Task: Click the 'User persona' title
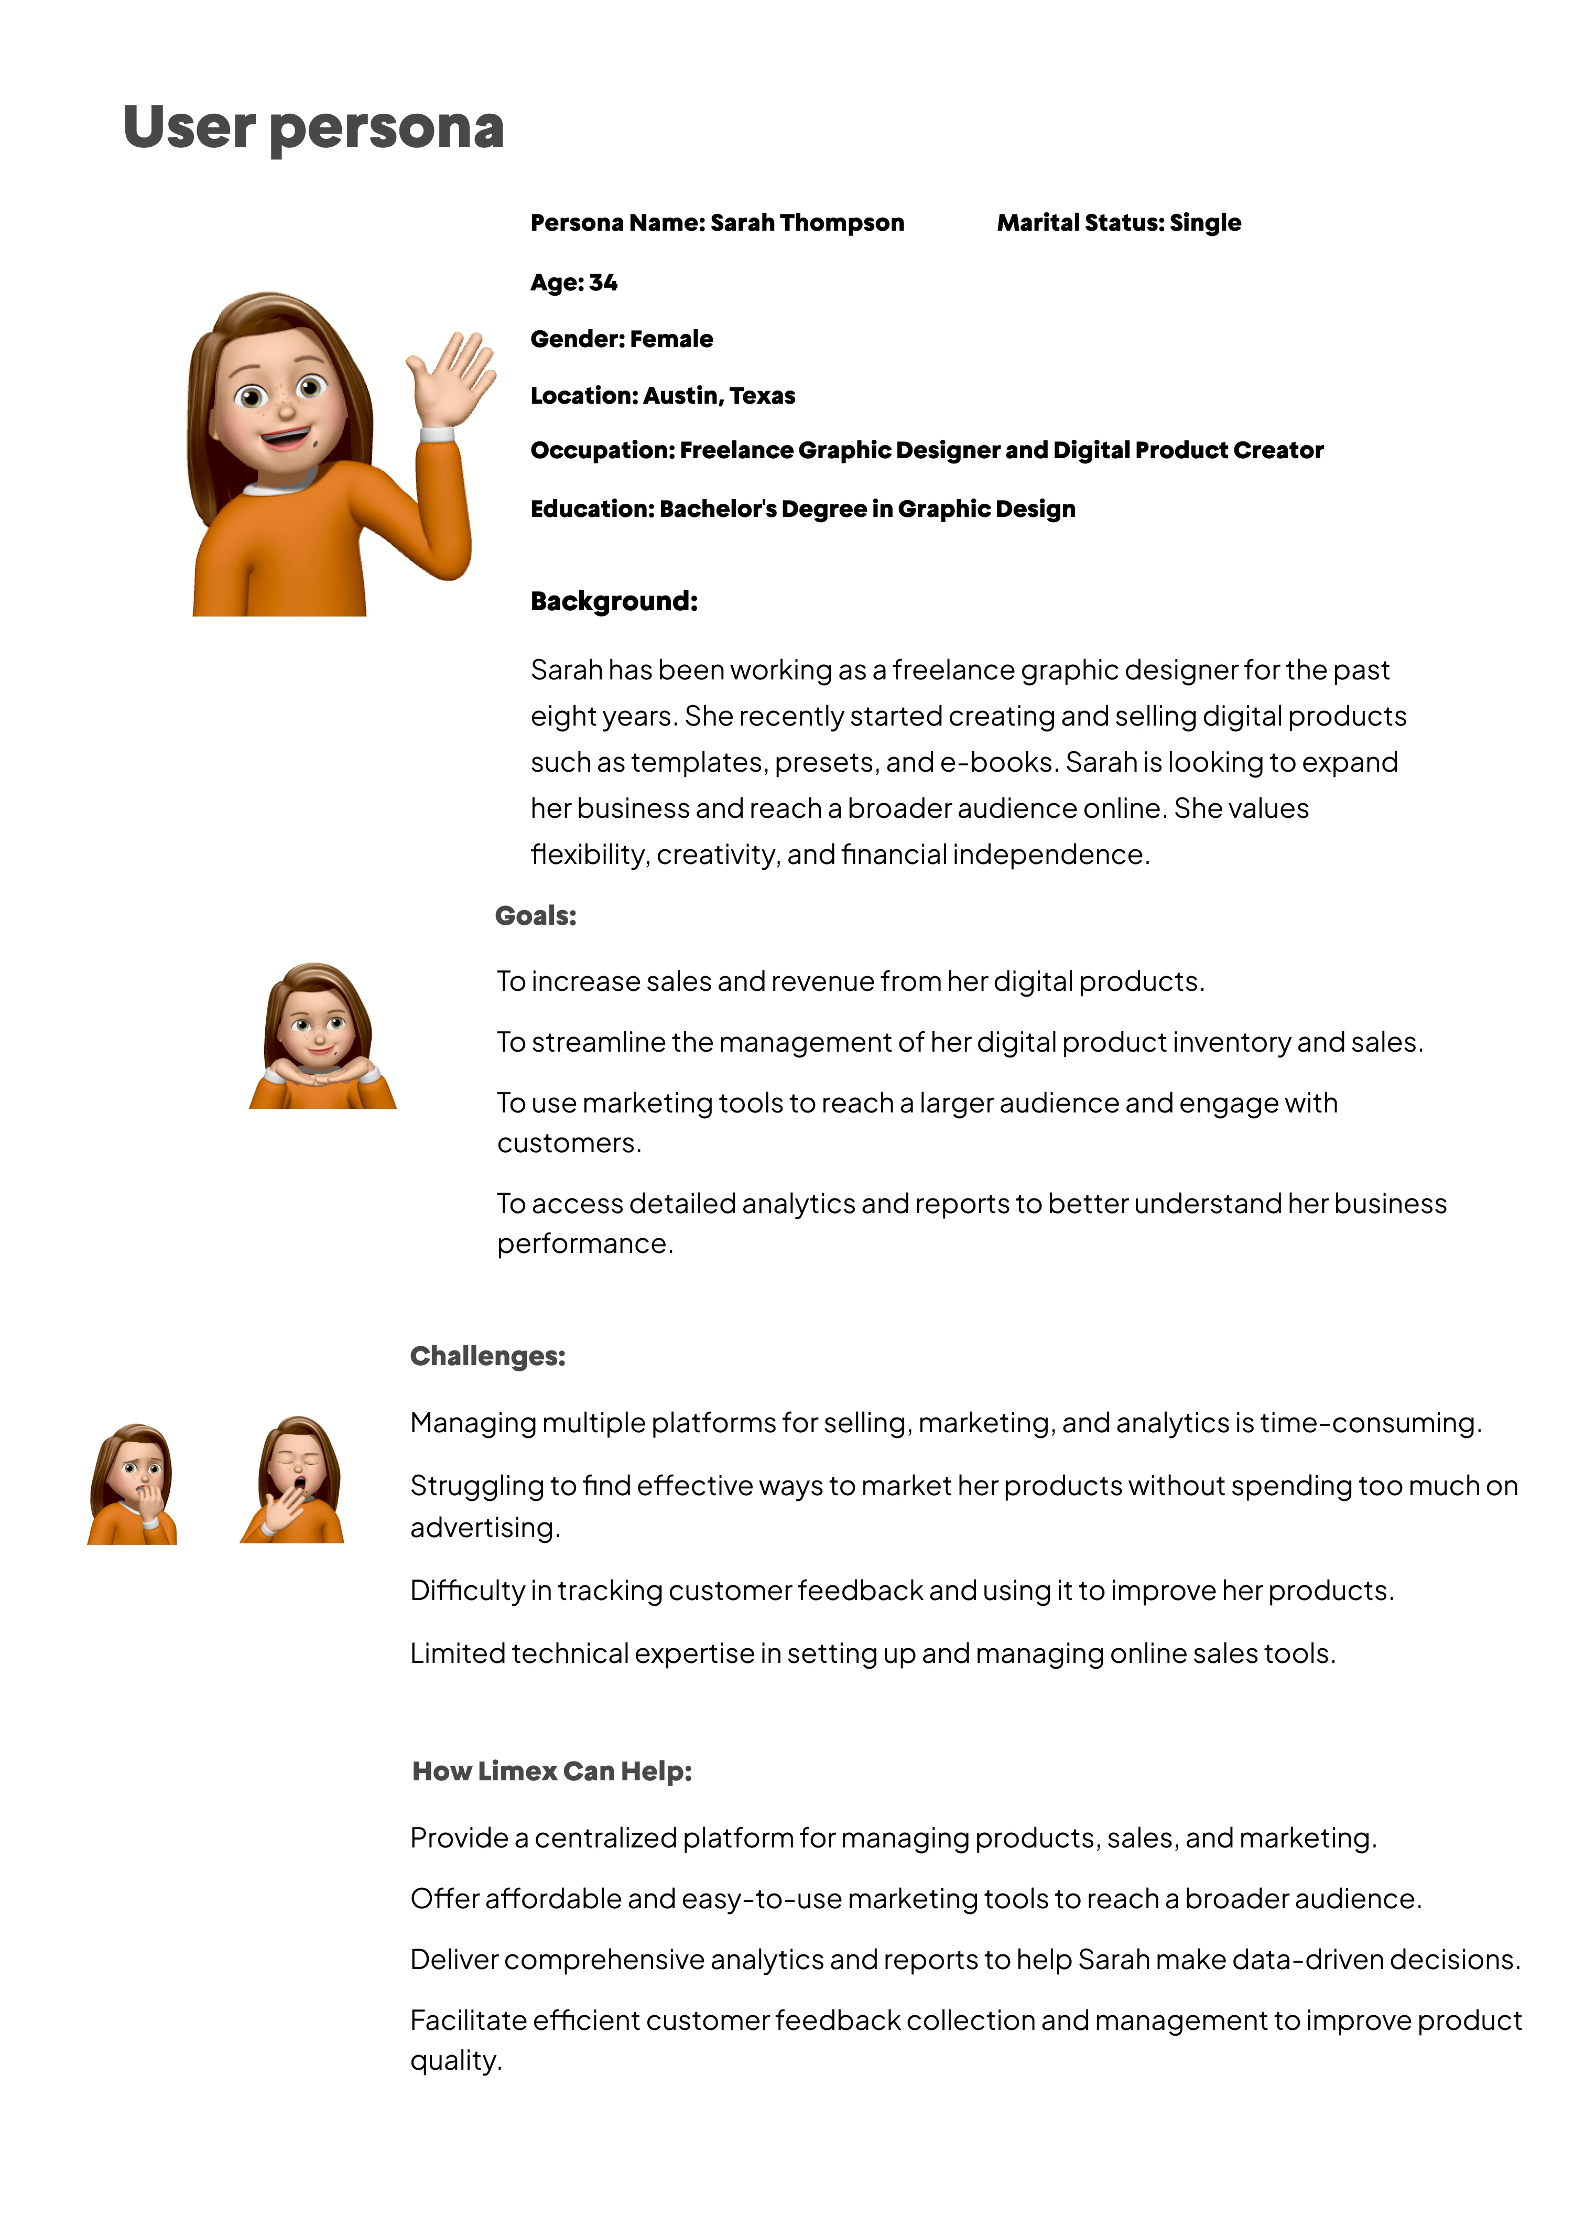pos(313,128)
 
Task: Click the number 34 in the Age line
pos(603,283)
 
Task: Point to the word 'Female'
pos(671,340)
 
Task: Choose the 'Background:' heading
pos(614,601)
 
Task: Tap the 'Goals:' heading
pos(536,916)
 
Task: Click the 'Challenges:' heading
pos(488,1357)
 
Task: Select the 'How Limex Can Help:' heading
pos(552,1771)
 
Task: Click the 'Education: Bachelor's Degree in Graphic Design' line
pos(802,510)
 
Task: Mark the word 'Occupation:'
pos(602,451)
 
